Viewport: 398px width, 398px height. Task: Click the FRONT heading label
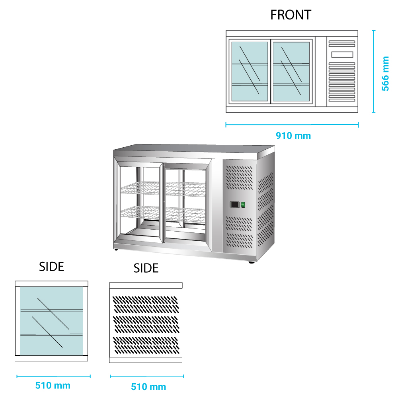click(x=291, y=15)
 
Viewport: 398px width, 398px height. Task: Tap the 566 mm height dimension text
click(x=385, y=74)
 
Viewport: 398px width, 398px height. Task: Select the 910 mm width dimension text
click(x=293, y=136)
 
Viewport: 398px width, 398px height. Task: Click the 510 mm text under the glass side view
click(x=53, y=385)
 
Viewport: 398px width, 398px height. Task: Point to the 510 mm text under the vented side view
click(x=148, y=386)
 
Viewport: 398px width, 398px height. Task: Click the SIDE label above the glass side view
click(x=52, y=267)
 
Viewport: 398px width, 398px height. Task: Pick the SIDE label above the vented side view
click(x=146, y=268)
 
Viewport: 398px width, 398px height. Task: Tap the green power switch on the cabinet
click(x=243, y=205)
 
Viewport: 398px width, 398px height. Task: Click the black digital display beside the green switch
click(x=235, y=205)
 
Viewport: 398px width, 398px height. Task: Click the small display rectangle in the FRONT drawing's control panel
click(x=342, y=55)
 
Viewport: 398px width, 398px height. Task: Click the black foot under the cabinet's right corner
click(x=252, y=262)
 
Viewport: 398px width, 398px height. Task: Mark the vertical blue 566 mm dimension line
click(x=374, y=72)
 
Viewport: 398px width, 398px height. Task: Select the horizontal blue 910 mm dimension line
click(x=293, y=125)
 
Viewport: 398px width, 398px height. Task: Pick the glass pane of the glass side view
click(x=51, y=320)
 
